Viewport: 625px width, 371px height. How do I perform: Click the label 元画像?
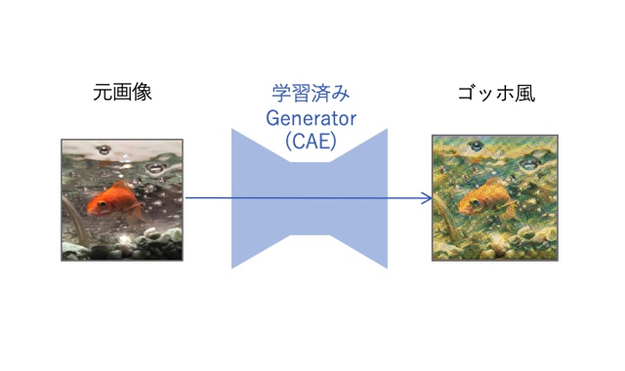click(123, 95)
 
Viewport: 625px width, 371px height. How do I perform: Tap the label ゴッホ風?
click(495, 95)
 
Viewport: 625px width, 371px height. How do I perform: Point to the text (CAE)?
click(310, 141)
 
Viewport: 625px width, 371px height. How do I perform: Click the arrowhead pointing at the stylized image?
click(427, 198)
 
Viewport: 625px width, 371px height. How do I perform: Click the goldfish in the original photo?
click(109, 199)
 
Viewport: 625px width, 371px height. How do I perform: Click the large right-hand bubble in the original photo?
click(154, 169)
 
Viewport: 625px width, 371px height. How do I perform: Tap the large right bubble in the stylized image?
click(527, 168)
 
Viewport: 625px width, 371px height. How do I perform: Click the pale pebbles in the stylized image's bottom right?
click(533, 245)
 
